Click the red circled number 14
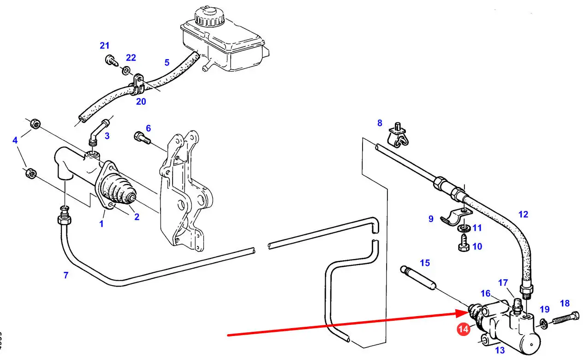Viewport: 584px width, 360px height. point(464,330)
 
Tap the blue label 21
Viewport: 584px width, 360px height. point(105,46)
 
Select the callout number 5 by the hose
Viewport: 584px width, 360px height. point(167,62)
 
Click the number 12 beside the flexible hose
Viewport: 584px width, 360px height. point(523,214)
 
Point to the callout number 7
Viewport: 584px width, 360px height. point(66,276)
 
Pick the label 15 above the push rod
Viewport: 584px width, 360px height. point(425,263)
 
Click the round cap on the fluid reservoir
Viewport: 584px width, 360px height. point(209,17)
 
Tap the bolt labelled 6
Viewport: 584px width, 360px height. point(142,138)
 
